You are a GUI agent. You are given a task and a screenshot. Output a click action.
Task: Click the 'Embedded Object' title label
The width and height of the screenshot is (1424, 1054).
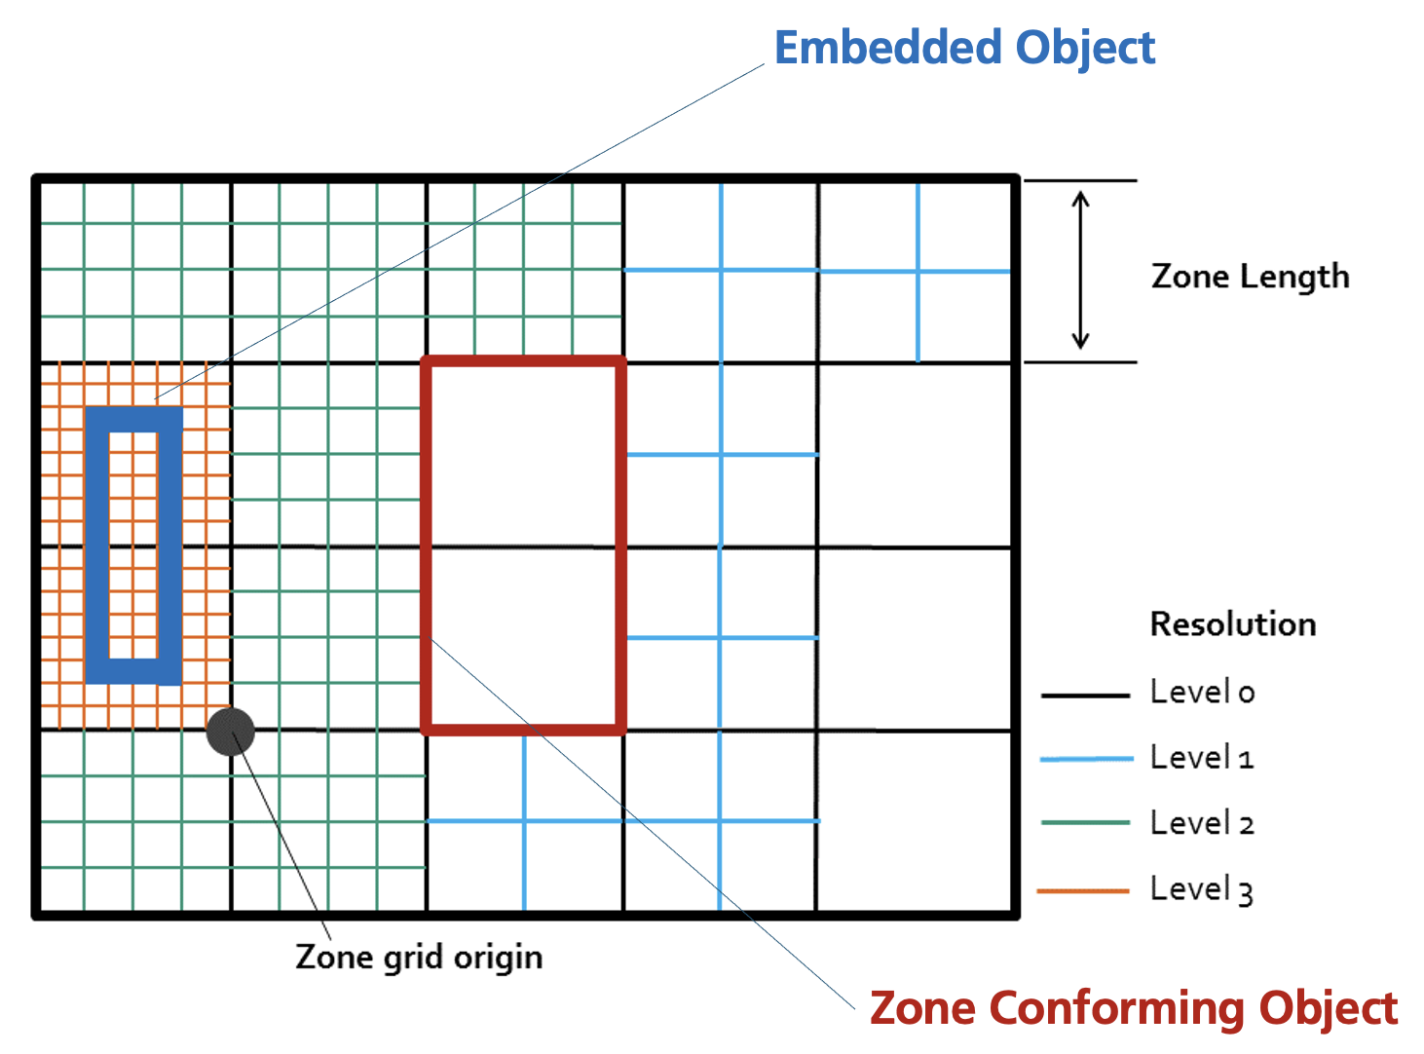click(x=964, y=48)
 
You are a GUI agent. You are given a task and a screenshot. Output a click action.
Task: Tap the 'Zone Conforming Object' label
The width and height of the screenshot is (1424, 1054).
click(x=1133, y=1008)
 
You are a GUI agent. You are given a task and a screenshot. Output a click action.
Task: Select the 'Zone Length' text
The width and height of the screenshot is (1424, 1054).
click(x=1250, y=277)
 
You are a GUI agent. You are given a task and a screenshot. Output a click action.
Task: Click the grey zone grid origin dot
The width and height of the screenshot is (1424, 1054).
click(x=231, y=732)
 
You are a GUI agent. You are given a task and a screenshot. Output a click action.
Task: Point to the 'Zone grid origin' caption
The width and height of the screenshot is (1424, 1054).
click(x=419, y=957)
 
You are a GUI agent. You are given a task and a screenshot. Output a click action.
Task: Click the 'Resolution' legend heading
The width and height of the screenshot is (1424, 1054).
click(x=1232, y=623)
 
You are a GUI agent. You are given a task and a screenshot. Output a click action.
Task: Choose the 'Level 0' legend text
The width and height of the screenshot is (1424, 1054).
click(x=1202, y=692)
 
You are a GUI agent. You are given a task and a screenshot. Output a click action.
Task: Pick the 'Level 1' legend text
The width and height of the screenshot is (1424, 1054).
click(x=1202, y=757)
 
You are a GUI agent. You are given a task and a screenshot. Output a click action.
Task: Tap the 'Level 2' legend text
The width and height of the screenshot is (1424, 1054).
click(x=1202, y=823)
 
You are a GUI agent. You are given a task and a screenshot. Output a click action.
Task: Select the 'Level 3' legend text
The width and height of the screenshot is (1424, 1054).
click(x=1202, y=889)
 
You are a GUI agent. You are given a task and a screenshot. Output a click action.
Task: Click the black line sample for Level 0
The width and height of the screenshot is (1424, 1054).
click(x=1085, y=696)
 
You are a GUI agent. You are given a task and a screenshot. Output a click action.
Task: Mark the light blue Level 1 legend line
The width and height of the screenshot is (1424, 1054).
click(x=1085, y=759)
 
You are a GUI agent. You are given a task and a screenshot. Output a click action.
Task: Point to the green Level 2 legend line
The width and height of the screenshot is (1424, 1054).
click(x=1085, y=823)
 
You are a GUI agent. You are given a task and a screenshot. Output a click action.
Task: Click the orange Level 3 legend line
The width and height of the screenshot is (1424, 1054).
click(x=1083, y=890)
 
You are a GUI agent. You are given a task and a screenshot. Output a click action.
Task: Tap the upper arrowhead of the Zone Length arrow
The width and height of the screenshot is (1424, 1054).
click(x=1080, y=199)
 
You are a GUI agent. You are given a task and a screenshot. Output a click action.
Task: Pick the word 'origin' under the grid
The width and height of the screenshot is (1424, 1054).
click(x=498, y=958)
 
